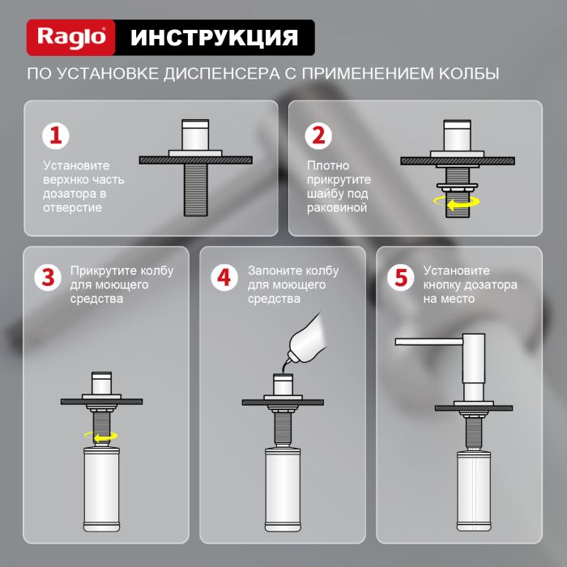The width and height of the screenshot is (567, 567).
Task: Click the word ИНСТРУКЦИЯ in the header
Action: coord(213,37)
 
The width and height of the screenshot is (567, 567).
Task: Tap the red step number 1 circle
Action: coord(56,135)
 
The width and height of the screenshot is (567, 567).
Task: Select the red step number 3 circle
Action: coord(48,277)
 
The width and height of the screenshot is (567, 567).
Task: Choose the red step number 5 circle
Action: coord(399,277)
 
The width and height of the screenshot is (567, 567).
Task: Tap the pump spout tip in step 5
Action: coord(399,342)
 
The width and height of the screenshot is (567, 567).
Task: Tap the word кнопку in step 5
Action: coord(443,285)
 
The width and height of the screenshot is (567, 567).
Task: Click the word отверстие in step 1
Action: coord(72,208)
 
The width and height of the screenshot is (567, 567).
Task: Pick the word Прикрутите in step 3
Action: coord(101,271)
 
